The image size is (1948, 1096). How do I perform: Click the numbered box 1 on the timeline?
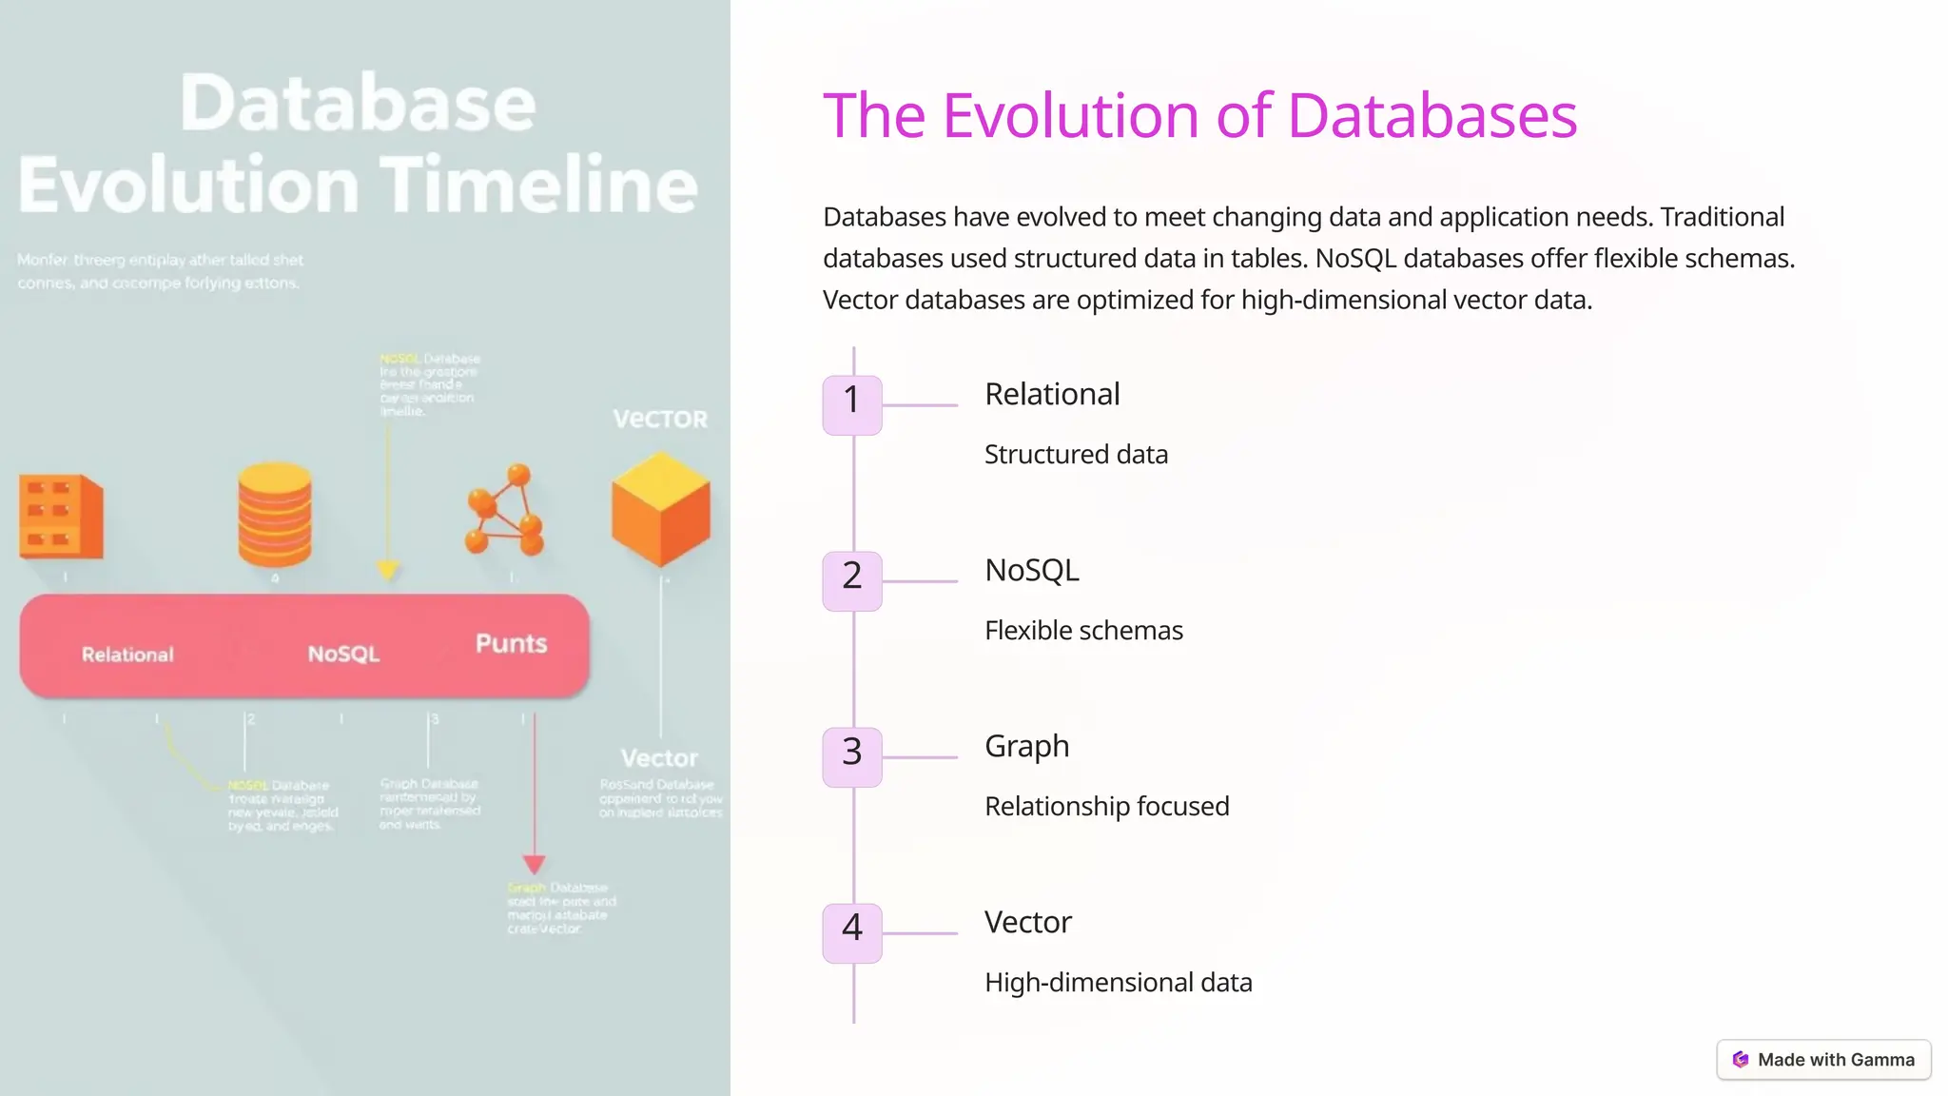coord(851,405)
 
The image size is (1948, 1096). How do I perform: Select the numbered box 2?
coord(851,581)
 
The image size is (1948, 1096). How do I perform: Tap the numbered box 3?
coord(851,757)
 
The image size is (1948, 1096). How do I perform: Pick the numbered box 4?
coord(851,933)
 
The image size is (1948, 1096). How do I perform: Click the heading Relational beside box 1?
coord(1052,394)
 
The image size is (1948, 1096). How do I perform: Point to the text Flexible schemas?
coord(1083,630)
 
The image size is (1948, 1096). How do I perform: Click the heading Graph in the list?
coord(1026,746)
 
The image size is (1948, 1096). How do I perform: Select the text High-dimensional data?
coord(1118,982)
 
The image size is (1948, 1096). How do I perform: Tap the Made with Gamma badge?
coord(1823,1060)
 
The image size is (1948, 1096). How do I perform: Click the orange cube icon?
coord(660,510)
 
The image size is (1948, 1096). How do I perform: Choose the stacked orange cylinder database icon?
coord(275,515)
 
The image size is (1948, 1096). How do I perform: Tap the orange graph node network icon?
coord(504,510)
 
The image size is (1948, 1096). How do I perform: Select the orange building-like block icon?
coord(61,516)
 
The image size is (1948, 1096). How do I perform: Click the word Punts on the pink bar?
coord(511,643)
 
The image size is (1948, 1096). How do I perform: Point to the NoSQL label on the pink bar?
coord(343,654)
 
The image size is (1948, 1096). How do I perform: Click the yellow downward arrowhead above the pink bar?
coord(387,570)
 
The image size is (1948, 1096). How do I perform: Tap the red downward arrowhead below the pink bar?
coord(534,864)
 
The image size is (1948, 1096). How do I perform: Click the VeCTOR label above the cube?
coord(660,420)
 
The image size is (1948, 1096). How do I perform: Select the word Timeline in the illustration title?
coord(539,185)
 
